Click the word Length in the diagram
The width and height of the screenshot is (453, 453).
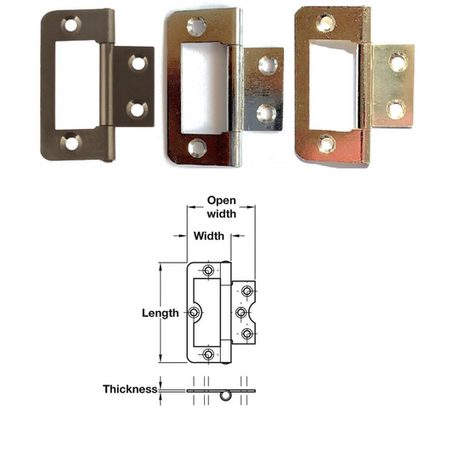pyautogui.click(x=160, y=313)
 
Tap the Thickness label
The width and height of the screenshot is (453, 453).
pyautogui.click(x=129, y=389)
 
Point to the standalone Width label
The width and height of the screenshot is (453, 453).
pyautogui.click(x=208, y=235)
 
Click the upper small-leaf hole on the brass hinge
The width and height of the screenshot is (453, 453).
pyautogui.click(x=396, y=63)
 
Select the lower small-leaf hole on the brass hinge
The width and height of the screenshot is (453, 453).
pyautogui.click(x=395, y=109)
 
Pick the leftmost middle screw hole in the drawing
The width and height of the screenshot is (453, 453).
pyautogui.click(x=195, y=312)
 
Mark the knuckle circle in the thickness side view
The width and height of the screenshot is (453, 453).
pyautogui.click(x=226, y=396)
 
